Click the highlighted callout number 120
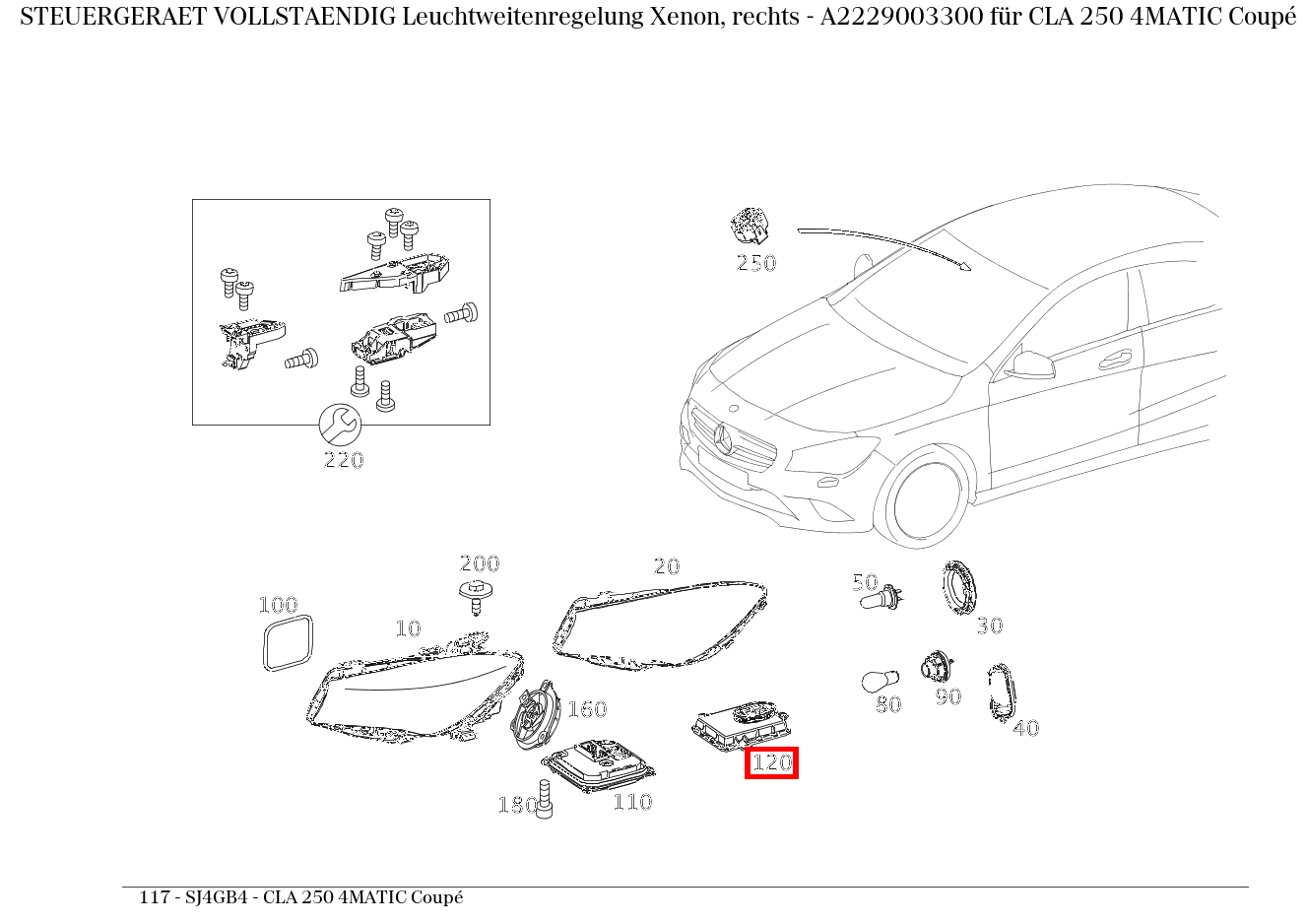[x=771, y=762]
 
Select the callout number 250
[x=755, y=263]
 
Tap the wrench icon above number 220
[x=341, y=425]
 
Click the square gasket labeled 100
[x=288, y=642]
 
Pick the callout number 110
[x=632, y=802]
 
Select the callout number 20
[x=667, y=566]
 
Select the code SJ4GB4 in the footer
[x=214, y=897]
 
